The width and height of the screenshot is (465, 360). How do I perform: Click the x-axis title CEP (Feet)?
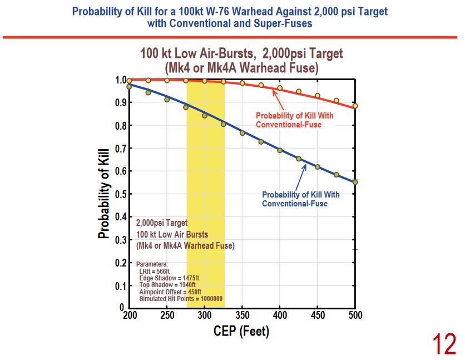pyautogui.click(x=241, y=332)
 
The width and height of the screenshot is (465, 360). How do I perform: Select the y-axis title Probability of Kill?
pyautogui.click(x=103, y=194)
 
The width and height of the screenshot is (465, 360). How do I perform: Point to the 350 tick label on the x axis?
pyautogui.click(x=242, y=315)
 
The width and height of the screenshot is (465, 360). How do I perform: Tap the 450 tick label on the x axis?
pyautogui.click(x=317, y=315)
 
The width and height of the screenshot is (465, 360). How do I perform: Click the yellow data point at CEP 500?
pyautogui.click(x=355, y=106)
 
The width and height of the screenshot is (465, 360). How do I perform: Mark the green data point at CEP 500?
pyautogui.click(x=355, y=182)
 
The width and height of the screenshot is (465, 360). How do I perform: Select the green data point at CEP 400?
pyautogui.click(x=280, y=150)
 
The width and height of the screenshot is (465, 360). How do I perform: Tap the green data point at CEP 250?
pyautogui.click(x=167, y=100)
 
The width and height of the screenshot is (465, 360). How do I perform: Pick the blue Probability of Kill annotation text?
pyautogui.click(x=300, y=199)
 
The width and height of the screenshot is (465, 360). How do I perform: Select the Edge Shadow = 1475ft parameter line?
pyautogui.click(x=170, y=278)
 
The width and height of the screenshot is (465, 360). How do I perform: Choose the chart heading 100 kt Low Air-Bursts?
pyautogui.click(x=241, y=54)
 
